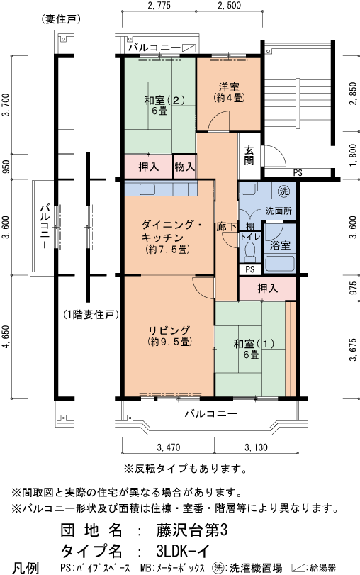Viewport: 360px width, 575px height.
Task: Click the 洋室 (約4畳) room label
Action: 229,91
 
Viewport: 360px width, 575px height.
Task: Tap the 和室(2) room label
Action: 159,105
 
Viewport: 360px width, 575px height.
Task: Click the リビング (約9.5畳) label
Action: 169,335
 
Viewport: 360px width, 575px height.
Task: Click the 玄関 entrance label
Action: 249,155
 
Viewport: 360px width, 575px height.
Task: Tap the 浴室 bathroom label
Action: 280,245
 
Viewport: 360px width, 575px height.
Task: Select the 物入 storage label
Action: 184,166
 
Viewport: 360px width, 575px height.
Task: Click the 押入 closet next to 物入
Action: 148,166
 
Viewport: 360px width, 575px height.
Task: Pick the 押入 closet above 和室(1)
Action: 267,289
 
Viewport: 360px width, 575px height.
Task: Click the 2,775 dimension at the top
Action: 159,6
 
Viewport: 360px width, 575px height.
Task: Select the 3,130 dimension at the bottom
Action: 256,447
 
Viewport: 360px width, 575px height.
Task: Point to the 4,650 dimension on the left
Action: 6,340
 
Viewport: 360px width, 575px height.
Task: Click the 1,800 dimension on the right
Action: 352,155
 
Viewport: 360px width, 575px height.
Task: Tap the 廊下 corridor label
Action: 224,226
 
